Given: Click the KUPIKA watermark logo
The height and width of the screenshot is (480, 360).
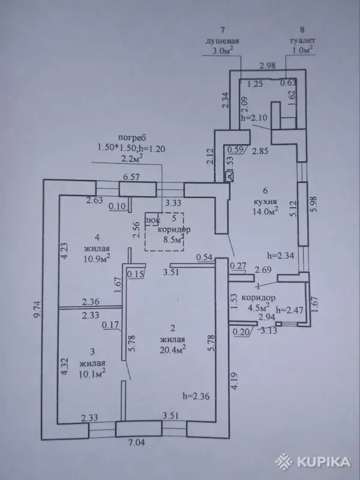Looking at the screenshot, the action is [313, 461].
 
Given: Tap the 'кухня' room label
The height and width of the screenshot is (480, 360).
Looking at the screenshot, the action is [265, 202].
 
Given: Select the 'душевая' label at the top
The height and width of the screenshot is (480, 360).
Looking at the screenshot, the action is [222, 41].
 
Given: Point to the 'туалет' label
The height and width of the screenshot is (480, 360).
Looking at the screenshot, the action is [302, 40].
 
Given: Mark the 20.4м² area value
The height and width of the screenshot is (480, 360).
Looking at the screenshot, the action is [173, 349].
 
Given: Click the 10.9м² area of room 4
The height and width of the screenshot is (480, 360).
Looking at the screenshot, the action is [97, 259].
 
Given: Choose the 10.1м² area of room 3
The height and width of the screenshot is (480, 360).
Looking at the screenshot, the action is [92, 373].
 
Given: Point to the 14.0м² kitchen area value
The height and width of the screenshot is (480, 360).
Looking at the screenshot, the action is [265, 212].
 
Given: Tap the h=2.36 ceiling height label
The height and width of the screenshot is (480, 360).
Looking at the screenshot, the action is [196, 396].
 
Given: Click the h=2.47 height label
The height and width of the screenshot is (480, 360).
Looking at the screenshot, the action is [290, 310].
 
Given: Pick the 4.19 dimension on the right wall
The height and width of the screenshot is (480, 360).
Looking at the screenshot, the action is [233, 380].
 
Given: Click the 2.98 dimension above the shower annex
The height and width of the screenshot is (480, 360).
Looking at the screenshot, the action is [268, 65].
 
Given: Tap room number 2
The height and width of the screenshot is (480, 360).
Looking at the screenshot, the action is [173, 328].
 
